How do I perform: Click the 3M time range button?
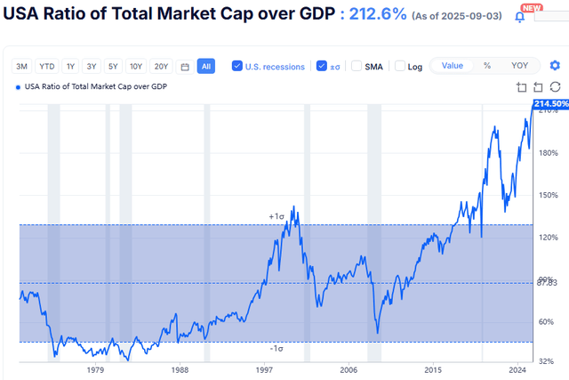pyautogui.click(x=21, y=66)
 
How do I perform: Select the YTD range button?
pyautogui.click(x=46, y=66)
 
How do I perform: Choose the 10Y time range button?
pyautogui.click(x=135, y=66)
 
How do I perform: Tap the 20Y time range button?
pyautogui.click(x=160, y=66)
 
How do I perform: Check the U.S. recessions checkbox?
pyautogui.click(x=237, y=66)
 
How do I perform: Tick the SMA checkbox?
pyautogui.click(x=357, y=66)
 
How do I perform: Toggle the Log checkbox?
pyautogui.click(x=400, y=66)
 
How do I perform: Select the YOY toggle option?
pyautogui.click(x=519, y=66)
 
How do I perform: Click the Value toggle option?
pyautogui.click(x=453, y=66)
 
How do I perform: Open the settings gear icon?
pyautogui.click(x=556, y=66)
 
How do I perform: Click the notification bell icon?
pyautogui.click(x=520, y=16)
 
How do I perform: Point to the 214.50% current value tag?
pyautogui.click(x=549, y=105)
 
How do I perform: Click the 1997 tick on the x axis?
pyautogui.click(x=264, y=368)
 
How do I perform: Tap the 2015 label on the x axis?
pyautogui.click(x=433, y=368)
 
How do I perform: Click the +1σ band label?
pyautogui.click(x=276, y=216)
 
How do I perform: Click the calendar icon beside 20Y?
pyautogui.click(x=184, y=66)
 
